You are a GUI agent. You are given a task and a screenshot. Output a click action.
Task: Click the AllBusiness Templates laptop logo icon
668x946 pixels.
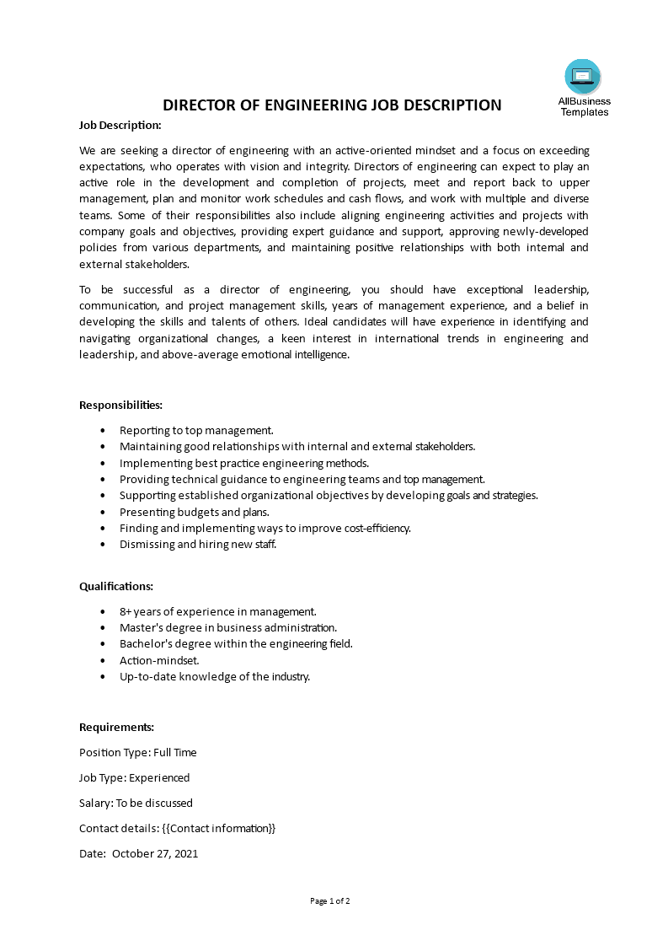tap(583, 77)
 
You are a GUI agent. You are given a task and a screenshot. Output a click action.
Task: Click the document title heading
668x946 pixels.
tap(332, 105)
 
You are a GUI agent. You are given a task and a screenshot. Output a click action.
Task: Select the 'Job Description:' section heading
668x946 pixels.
tap(120, 125)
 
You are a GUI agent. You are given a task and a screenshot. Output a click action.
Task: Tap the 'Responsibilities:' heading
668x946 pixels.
tap(120, 405)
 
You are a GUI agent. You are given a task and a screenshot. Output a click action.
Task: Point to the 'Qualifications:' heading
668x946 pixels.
tap(116, 586)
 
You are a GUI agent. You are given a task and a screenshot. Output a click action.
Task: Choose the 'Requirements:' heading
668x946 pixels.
tap(116, 727)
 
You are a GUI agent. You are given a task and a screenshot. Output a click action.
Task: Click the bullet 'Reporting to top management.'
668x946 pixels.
tap(196, 430)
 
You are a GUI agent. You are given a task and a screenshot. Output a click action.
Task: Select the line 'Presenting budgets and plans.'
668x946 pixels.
tap(195, 512)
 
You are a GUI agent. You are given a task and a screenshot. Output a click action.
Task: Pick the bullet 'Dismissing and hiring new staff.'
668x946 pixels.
tap(198, 544)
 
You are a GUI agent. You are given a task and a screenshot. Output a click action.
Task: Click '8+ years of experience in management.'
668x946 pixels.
tap(218, 611)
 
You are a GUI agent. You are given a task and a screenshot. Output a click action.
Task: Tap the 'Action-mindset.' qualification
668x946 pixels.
tap(159, 660)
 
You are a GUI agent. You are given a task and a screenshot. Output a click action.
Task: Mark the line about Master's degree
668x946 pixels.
tap(228, 627)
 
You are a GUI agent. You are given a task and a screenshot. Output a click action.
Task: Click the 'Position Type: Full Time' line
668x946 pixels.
tap(138, 752)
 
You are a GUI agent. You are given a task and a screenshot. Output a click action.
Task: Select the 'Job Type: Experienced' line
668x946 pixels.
tap(135, 777)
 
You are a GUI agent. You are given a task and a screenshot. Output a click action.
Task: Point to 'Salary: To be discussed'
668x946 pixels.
tap(136, 803)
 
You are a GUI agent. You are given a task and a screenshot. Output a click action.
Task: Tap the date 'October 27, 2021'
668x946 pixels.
tap(155, 853)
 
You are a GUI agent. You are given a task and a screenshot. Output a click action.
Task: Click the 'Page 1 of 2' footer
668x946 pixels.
tap(330, 900)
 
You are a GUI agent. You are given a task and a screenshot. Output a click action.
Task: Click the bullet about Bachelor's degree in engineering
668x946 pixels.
tap(236, 643)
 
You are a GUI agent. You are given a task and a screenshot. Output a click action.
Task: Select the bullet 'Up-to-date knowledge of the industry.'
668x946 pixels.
tap(215, 676)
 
